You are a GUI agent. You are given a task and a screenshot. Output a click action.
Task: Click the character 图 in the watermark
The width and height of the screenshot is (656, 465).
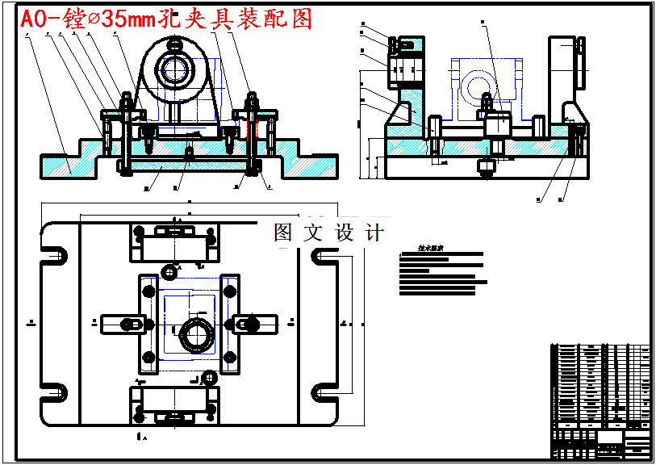pos(283,232)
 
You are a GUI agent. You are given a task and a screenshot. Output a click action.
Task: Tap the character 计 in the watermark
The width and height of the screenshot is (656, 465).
pos(374,232)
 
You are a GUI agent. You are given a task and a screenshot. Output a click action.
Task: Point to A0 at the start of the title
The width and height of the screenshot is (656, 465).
pos(34,19)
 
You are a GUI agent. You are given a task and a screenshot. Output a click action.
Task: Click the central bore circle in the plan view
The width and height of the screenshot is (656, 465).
pos(194,332)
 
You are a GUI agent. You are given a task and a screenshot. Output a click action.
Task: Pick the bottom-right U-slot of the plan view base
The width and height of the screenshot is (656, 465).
pos(328,390)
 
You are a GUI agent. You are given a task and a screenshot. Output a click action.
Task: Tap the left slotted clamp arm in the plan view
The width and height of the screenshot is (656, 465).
pos(121,324)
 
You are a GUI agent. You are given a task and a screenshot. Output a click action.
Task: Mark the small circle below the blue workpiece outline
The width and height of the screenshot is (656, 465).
pos(210,377)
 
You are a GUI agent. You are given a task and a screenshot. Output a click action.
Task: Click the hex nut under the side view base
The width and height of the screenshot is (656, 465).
pos(487,167)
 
